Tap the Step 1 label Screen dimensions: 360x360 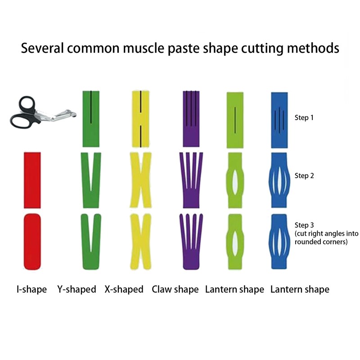coord(304,118)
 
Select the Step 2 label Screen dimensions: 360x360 coord(304,176)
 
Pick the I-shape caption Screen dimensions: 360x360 coord(31,289)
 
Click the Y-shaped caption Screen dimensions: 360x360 coord(76,289)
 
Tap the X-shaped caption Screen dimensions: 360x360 coord(124,289)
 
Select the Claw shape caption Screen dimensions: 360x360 coord(175,289)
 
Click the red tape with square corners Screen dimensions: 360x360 coord(32,180)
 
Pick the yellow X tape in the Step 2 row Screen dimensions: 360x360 coord(140,180)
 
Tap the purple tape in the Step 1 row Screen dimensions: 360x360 coord(191,119)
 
